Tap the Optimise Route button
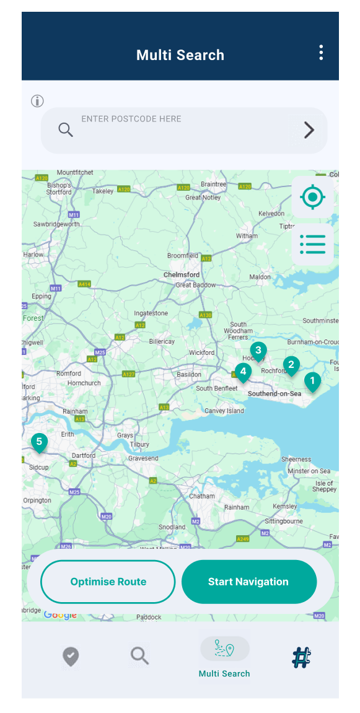(108, 582)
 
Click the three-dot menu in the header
(321, 53)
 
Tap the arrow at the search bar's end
(309, 130)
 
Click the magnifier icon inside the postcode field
(66, 129)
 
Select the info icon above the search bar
(38, 101)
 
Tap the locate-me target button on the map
(312, 198)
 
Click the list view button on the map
(312, 244)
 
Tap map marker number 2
(291, 365)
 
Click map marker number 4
(243, 373)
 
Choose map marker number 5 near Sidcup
(39, 442)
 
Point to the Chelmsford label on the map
(181, 274)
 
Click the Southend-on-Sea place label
(274, 393)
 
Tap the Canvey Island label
(224, 411)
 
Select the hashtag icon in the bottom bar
(302, 657)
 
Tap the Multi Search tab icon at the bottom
(224, 649)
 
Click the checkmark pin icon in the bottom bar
(71, 656)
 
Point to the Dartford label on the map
(84, 455)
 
